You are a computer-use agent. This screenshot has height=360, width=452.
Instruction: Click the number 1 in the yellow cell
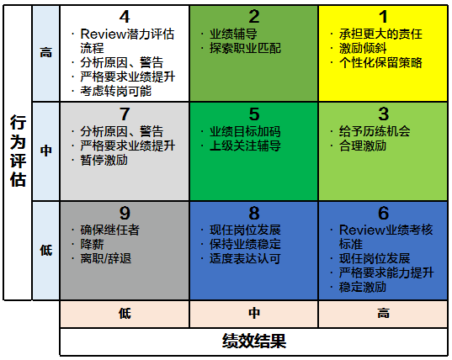click(383, 17)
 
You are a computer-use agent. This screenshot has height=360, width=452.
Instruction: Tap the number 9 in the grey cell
click(125, 213)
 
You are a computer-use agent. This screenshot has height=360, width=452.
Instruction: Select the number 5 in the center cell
click(254, 114)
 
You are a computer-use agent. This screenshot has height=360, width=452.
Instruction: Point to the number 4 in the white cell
click(125, 17)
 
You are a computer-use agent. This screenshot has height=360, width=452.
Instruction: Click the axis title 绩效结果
click(254, 341)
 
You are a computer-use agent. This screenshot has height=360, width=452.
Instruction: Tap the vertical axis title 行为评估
click(18, 151)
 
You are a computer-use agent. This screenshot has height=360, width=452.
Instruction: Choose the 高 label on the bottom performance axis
click(383, 313)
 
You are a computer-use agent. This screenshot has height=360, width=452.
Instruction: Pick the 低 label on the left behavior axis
click(46, 250)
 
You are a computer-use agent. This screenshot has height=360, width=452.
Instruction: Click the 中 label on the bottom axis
click(254, 313)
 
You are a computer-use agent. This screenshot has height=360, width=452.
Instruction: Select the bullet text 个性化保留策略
click(380, 63)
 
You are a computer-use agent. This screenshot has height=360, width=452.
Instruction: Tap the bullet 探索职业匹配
click(245, 49)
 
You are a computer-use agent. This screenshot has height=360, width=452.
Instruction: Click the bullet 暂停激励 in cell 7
click(104, 160)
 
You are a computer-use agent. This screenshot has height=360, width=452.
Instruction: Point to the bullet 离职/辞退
click(106, 258)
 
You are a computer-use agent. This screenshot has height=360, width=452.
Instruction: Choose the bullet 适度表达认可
click(245, 258)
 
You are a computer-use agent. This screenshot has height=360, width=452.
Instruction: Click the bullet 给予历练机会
click(375, 131)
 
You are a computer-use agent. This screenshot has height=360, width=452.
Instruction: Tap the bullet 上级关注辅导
click(245, 146)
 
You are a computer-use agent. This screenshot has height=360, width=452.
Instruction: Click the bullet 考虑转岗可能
click(115, 91)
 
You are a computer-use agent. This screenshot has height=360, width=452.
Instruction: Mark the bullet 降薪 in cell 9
click(92, 244)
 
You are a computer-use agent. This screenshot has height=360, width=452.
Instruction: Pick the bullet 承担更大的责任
click(380, 34)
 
